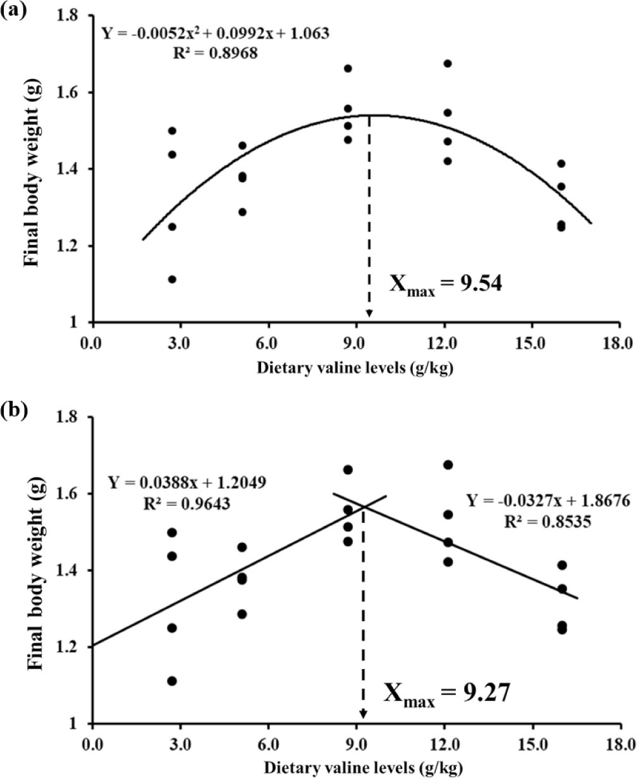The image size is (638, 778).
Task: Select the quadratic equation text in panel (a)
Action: [215, 34]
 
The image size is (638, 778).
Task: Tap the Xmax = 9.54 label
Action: [445, 285]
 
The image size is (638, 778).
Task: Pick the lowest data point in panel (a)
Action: [172, 279]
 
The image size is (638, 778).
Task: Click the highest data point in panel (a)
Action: [448, 63]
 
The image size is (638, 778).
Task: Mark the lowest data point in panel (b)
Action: [172, 681]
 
